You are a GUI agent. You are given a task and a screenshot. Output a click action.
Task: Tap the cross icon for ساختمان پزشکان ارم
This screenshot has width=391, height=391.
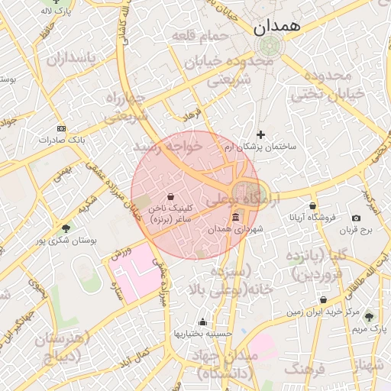coord(261,134)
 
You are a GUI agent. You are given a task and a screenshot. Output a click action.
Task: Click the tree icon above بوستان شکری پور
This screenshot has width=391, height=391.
coord(66,228)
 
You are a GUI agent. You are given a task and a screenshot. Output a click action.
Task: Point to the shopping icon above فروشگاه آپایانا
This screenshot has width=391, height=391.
coord(312,205)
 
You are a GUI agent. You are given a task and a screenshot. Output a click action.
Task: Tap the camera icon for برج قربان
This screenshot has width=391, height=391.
coord(356,219)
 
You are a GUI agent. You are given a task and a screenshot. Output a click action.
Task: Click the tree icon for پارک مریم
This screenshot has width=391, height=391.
coord(370,317)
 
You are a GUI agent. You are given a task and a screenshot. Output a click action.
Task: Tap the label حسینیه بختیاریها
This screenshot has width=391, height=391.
coord(202,334)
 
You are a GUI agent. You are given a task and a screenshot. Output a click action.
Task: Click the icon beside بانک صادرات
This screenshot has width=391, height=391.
coord(62,129)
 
